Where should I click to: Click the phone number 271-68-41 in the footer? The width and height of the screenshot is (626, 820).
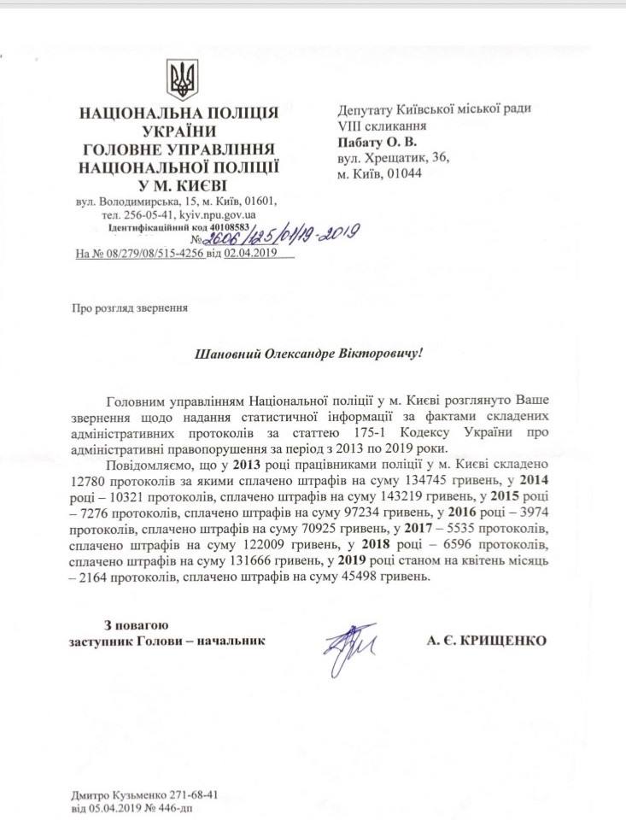194,794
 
